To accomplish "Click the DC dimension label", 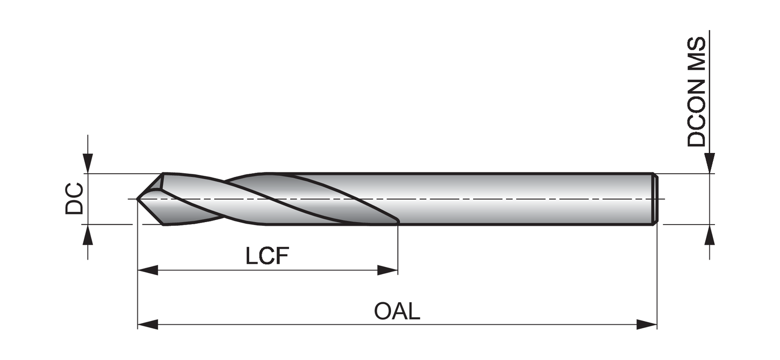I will point(74,198).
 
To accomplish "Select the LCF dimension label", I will point(267,256).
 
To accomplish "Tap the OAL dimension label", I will point(397,311).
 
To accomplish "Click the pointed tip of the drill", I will point(138,198).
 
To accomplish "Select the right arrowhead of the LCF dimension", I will point(387,271).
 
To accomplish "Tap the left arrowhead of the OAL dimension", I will point(148,325).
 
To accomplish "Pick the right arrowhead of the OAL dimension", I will point(647,325).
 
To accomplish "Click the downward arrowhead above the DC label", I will point(88,163).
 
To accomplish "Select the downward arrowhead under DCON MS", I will point(710,162).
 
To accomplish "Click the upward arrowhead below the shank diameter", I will point(710,235).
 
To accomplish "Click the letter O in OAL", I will point(383,311).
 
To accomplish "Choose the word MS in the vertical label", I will point(696,53).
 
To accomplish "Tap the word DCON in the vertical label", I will point(696,112).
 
